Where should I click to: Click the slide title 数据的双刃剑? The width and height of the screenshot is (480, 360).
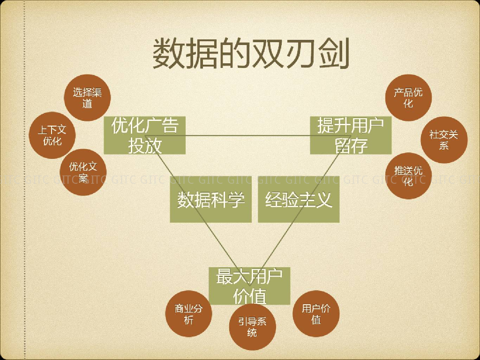pyautogui.click(x=251, y=53)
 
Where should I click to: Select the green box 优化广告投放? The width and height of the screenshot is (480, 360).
pyautogui.click(x=145, y=135)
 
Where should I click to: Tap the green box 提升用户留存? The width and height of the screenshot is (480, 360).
pyautogui.click(x=351, y=135)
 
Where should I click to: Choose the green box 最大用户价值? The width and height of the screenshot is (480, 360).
pyautogui.click(x=249, y=286)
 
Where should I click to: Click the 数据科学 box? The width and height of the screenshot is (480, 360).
pyautogui.click(x=210, y=199)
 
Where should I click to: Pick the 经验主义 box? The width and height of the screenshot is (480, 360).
pyautogui.click(x=299, y=199)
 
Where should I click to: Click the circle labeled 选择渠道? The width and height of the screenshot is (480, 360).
pyautogui.click(x=87, y=98)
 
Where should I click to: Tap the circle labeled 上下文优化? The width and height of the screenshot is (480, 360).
pyautogui.click(x=52, y=135)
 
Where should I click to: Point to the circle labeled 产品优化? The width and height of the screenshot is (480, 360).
pyautogui.click(x=408, y=97)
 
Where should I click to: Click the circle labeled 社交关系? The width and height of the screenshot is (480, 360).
pyautogui.click(x=443, y=140)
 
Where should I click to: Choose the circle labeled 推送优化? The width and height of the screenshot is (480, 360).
pyautogui.click(x=408, y=176)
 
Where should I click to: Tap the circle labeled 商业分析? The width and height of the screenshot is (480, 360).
pyautogui.click(x=189, y=315)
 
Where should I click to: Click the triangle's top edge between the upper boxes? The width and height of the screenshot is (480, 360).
pyautogui.click(x=248, y=136)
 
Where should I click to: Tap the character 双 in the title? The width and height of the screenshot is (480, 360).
pyautogui.click(x=268, y=53)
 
